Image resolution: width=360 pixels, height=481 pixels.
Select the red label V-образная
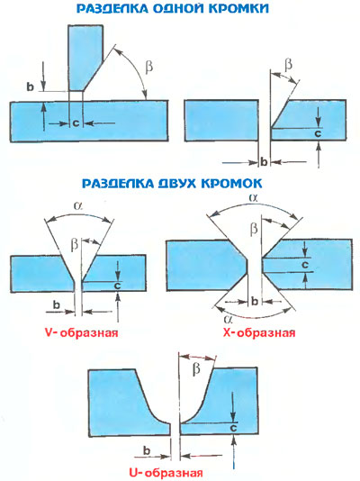tap(81, 332)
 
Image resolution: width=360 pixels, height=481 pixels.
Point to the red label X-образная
tap(259, 332)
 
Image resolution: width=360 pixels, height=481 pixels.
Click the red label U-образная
tap(166, 472)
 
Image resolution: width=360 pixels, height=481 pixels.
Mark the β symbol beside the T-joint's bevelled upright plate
tap(149, 68)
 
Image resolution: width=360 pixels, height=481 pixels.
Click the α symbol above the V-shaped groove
tap(77, 206)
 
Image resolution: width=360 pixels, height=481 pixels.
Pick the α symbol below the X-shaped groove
tap(228, 320)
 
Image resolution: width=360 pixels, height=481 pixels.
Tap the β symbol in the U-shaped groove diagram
tap(196, 368)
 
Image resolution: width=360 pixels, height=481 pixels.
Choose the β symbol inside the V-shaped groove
tap(75, 244)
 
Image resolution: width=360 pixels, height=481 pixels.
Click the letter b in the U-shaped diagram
tap(147, 451)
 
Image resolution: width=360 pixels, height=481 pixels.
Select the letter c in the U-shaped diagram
tap(233, 428)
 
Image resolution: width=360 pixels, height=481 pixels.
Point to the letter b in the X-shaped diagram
tap(255, 302)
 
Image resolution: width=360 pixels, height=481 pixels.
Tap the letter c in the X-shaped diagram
tap(304, 265)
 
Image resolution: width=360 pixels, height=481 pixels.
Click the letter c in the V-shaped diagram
tap(117, 286)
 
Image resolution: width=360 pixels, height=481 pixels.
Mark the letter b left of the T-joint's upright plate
tap(30, 86)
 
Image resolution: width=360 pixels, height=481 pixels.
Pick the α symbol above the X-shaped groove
tap(254, 198)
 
